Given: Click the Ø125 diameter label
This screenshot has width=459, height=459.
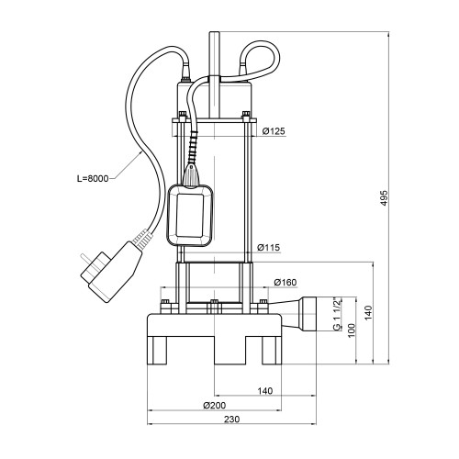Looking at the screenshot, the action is click(x=274, y=131).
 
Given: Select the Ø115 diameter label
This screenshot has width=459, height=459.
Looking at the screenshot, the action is click(x=268, y=247).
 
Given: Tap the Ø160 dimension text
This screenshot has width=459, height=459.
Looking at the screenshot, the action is click(x=285, y=282).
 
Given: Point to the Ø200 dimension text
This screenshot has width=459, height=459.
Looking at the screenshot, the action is click(x=215, y=406).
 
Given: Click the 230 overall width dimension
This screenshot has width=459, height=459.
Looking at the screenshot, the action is click(x=231, y=420).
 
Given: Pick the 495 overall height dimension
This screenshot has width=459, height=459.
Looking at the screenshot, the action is click(x=385, y=198).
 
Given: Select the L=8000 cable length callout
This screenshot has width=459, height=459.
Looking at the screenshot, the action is click(x=93, y=178).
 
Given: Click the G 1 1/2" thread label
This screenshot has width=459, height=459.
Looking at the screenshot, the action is click(x=337, y=314).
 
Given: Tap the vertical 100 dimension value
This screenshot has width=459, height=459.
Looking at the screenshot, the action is click(x=352, y=330).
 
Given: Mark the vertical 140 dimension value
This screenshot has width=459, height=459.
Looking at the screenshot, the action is click(x=368, y=313).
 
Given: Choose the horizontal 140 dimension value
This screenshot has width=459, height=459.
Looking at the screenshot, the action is click(x=265, y=391).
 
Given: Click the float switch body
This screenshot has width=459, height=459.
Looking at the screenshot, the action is click(x=190, y=216).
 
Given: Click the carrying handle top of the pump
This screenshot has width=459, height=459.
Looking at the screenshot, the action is click(x=215, y=74).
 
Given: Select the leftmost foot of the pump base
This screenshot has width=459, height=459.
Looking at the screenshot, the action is click(x=157, y=351).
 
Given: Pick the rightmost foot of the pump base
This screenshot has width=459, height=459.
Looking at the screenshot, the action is click(x=272, y=351).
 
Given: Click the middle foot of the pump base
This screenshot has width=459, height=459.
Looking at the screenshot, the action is click(x=229, y=351).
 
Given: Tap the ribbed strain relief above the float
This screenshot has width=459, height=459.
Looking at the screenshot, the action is click(x=193, y=147).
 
